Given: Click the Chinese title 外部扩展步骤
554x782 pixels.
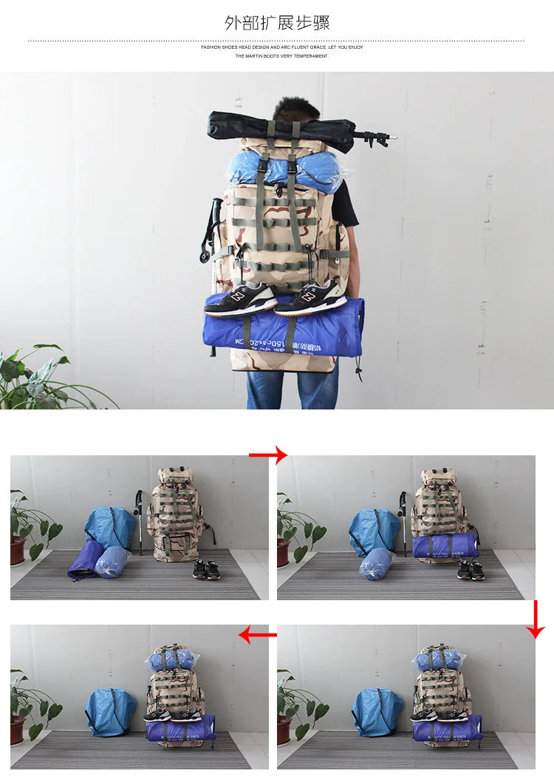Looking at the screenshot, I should [277, 23].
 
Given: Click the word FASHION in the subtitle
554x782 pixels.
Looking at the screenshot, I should [211, 47].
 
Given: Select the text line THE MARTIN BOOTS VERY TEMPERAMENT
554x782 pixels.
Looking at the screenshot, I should [281, 56].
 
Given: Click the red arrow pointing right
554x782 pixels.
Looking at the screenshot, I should [267, 455].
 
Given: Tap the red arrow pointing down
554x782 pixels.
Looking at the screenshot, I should [536, 619].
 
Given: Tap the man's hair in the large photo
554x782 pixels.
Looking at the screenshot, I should [295, 109].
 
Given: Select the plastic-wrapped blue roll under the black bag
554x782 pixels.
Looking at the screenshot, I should [284, 168].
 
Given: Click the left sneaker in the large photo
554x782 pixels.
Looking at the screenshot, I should [240, 299].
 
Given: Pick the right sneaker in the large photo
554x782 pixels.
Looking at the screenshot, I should [311, 297].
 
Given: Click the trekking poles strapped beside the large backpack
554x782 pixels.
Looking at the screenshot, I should [211, 237].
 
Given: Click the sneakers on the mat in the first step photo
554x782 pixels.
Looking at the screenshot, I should [206, 569].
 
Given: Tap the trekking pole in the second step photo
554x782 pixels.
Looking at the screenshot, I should [403, 521].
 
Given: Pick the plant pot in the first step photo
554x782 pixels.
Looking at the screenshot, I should [18, 550].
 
